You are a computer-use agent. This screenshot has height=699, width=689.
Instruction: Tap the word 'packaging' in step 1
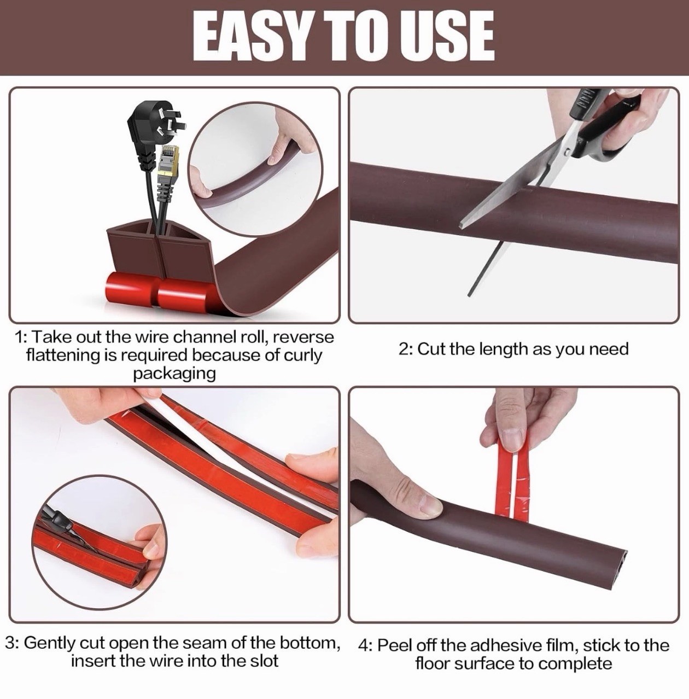pyautogui.click(x=174, y=374)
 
